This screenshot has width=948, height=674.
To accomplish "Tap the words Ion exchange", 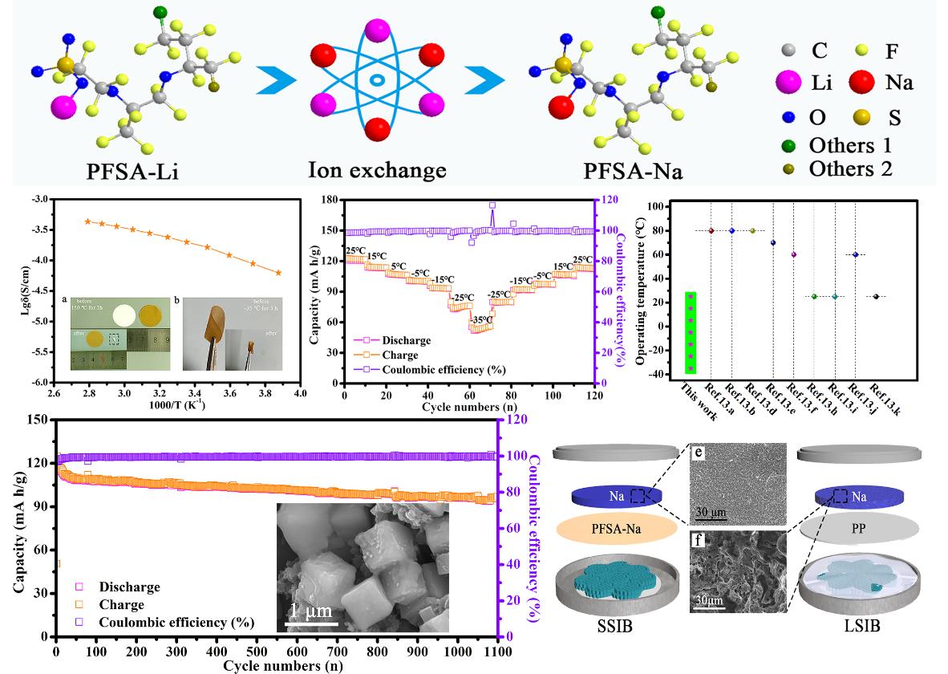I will pyautogui.click(x=377, y=172).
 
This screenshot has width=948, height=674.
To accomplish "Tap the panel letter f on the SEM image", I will pyautogui.click(x=703, y=540).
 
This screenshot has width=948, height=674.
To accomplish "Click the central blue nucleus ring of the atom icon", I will pyautogui.click(x=376, y=80).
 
